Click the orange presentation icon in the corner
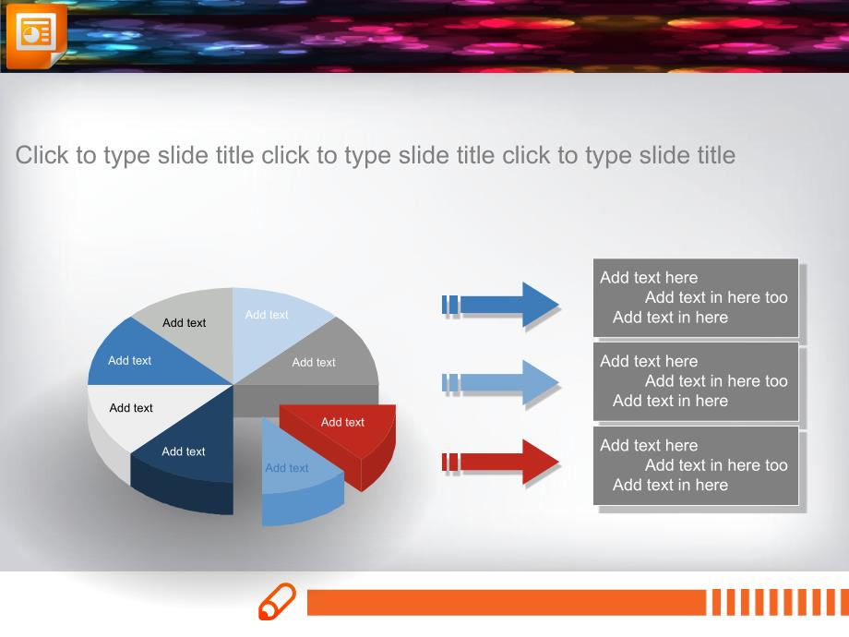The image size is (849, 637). (x=36, y=36)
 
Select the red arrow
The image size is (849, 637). (x=500, y=462)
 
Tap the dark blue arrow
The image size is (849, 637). (x=500, y=305)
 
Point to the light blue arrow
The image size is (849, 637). (x=500, y=382)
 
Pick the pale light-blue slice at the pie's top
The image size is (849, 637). (x=273, y=325)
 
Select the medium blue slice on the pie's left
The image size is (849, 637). (x=146, y=357)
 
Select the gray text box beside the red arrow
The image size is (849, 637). (x=696, y=466)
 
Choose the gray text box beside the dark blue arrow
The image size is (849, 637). (x=696, y=298)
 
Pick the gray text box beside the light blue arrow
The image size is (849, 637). (x=696, y=381)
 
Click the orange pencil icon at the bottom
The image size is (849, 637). (x=277, y=601)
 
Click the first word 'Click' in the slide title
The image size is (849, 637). (x=42, y=155)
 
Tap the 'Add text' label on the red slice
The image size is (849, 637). (x=342, y=422)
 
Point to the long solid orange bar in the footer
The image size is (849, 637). (x=507, y=602)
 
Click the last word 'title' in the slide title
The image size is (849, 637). (x=716, y=155)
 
